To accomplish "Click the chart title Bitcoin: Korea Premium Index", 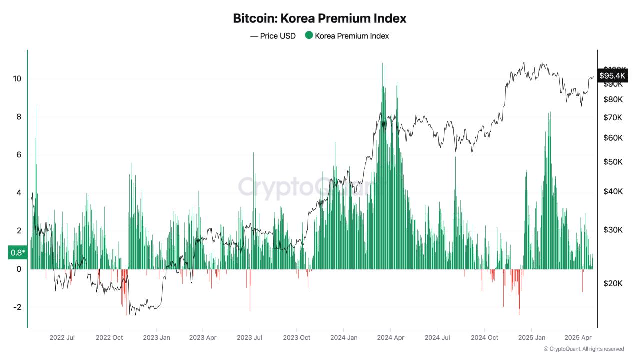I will (x=319, y=19).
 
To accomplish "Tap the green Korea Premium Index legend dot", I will (x=309, y=35).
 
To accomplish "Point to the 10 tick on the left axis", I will (x=17, y=79).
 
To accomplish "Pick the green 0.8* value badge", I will (x=17, y=253).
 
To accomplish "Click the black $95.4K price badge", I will (x=612, y=76).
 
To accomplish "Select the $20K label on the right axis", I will (x=613, y=283).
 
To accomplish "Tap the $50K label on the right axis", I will (x=613, y=162).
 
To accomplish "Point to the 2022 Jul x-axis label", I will (x=62, y=338).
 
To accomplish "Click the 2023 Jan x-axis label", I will (x=157, y=338).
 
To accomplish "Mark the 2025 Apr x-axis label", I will (x=578, y=338).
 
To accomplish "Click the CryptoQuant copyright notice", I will (x=583, y=349).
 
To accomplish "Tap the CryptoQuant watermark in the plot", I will (x=305, y=187).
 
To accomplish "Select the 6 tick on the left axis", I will (x=19, y=155).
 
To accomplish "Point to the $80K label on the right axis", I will (x=613, y=99).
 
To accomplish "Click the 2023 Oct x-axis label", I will (x=297, y=338).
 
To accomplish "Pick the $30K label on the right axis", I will (x=613, y=230).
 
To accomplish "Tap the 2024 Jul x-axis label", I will (x=437, y=338).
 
